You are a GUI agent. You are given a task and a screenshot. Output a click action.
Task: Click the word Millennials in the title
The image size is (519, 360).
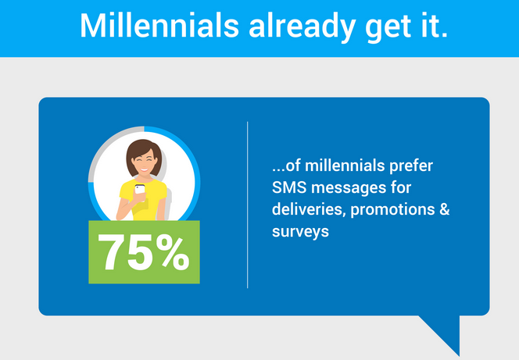click(159, 26)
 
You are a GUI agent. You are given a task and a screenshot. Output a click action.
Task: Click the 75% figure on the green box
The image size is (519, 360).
click(144, 252)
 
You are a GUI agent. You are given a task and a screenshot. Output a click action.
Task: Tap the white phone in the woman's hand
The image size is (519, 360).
click(140, 190)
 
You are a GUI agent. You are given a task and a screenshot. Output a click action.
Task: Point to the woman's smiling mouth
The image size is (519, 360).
click(144, 169)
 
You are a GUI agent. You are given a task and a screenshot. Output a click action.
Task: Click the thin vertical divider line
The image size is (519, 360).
click(247, 205)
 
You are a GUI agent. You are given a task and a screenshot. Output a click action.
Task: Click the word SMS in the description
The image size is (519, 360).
click(289, 187)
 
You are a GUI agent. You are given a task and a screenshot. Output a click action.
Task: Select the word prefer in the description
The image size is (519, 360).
click(411, 166)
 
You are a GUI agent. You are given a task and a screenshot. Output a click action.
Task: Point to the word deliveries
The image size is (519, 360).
click(309, 209)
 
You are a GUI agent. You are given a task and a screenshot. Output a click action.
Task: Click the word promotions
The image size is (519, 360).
click(392, 210)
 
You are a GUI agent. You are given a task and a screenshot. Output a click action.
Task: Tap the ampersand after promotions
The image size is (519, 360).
click(445, 209)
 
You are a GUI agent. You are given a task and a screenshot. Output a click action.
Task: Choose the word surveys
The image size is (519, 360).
click(300, 232)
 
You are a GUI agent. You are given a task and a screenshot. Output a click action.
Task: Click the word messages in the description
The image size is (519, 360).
click(348, 188)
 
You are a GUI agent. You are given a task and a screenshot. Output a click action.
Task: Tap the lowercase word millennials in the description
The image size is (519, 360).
click(345, 166)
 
